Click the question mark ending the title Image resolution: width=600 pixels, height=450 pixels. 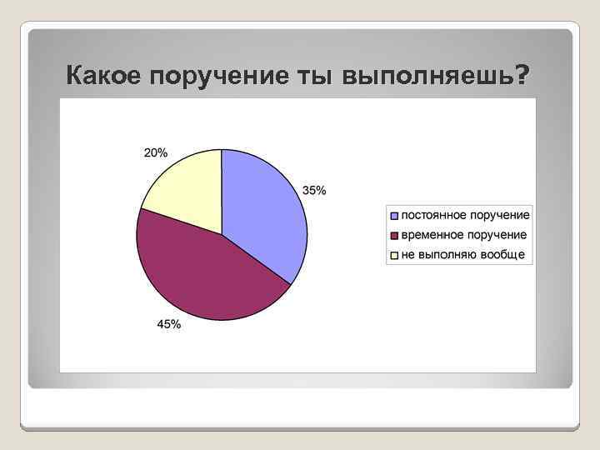(522, 76)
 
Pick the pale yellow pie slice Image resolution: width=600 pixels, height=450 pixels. (187, 192)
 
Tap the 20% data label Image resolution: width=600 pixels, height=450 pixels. (155, 152)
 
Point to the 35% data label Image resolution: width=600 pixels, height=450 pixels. (314, 190)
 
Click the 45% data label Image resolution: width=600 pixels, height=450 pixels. (169, 325)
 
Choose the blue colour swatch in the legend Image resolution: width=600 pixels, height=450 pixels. (394, 216)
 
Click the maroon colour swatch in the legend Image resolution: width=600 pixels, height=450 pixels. (394, 236)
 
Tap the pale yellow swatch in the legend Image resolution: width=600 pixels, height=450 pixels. (394, 256)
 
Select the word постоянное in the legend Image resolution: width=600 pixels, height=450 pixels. (436, 216)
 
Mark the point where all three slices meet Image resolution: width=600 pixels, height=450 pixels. (222, 234)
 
